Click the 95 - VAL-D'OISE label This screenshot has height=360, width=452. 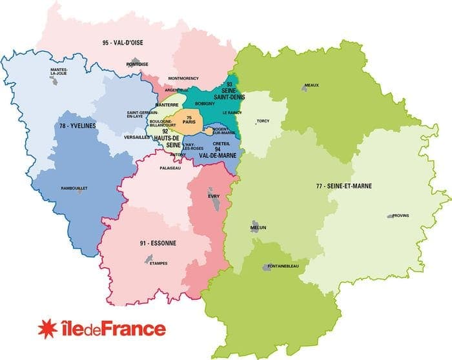click(x=122, y=43)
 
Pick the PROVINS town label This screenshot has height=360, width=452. click(x=400, y=215)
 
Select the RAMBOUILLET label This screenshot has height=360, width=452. click(x=74, y=188)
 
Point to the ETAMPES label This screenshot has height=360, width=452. click(x=158, y=263)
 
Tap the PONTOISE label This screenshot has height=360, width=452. click(x=138, y=64)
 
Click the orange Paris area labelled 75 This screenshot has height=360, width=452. click(x=189, y=121)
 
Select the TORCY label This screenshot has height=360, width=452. click(x=263, y=120)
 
